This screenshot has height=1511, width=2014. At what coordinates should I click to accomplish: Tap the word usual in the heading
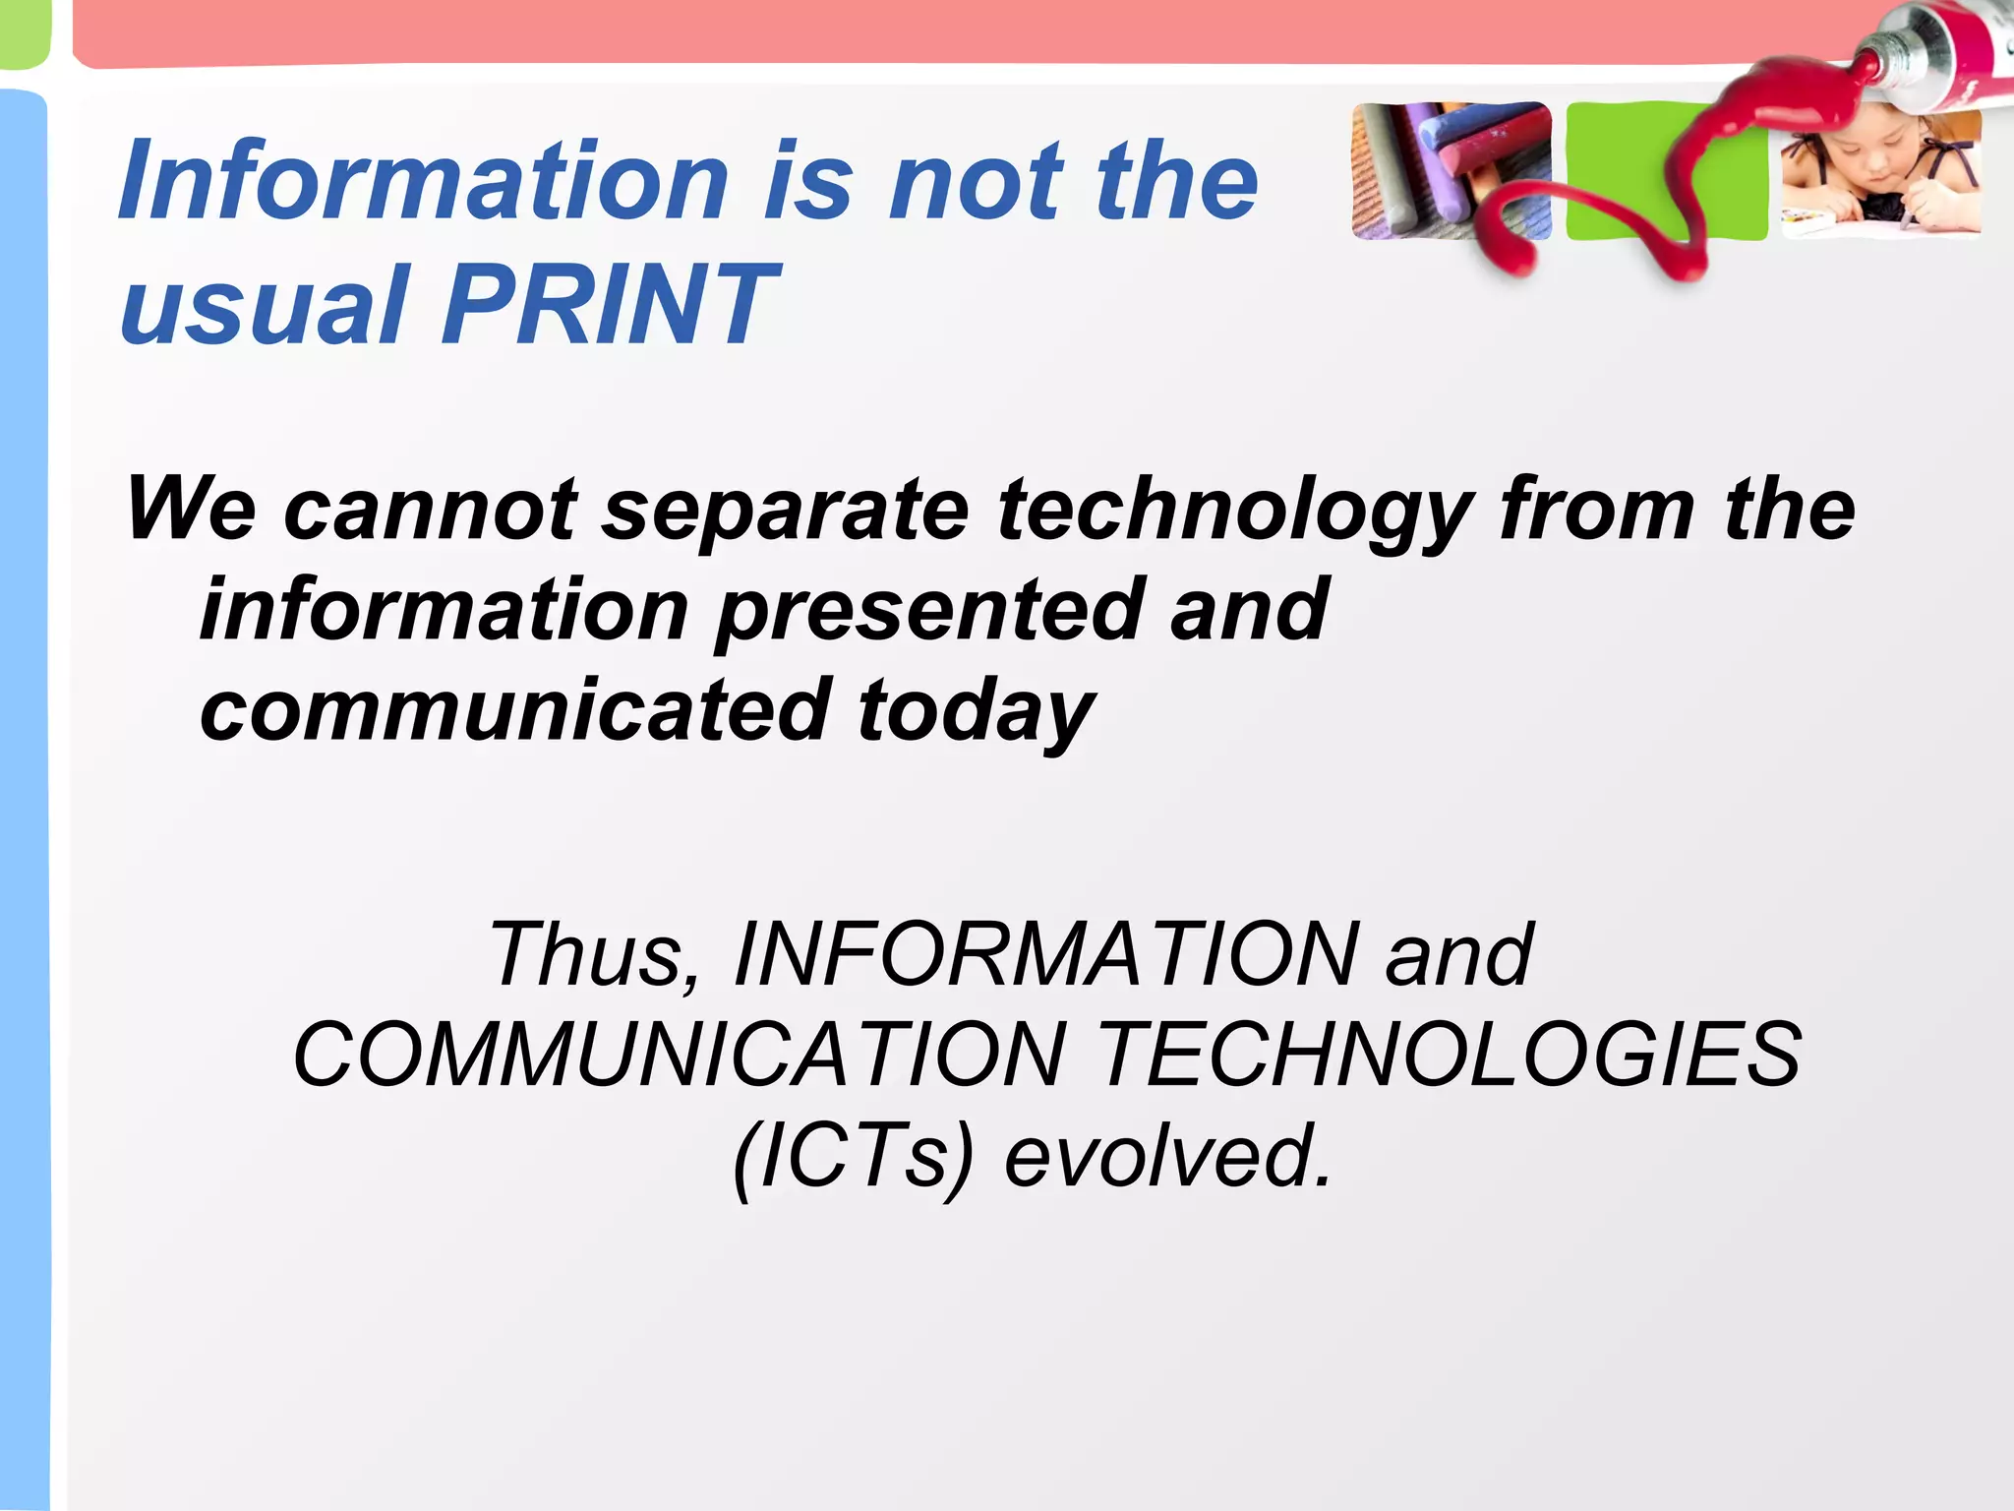[264, 305]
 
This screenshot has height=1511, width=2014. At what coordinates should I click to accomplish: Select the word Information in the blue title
[424, 181]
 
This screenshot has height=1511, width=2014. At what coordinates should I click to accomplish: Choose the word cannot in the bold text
[430, 510]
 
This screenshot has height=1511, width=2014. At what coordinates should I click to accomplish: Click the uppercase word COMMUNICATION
[680, 1055]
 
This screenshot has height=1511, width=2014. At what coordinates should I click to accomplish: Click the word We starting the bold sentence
[192, 510]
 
